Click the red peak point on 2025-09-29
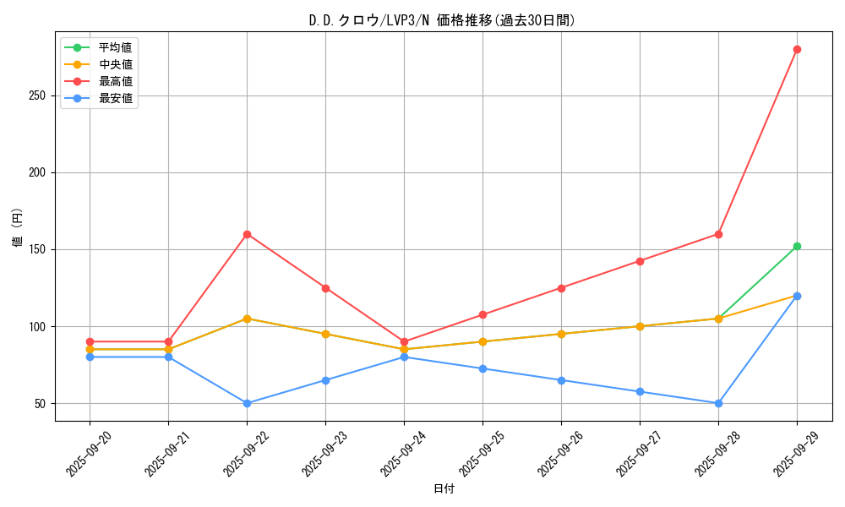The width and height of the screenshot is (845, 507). [797, 49]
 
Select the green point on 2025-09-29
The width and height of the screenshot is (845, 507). [797, 246]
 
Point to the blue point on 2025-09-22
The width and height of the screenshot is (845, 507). [247, 403]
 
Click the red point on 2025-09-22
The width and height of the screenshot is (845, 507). [247, 234]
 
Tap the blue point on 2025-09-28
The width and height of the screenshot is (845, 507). [718, 403]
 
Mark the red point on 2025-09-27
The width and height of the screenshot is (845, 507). [640, 261]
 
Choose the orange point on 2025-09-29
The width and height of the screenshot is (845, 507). [797, 296]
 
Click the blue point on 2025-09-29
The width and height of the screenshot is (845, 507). [797, 296]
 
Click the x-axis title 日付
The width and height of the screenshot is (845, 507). [444, 489]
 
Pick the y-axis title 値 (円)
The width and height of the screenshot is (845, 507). [18, 226]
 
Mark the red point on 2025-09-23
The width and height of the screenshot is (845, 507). [325, 288]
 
